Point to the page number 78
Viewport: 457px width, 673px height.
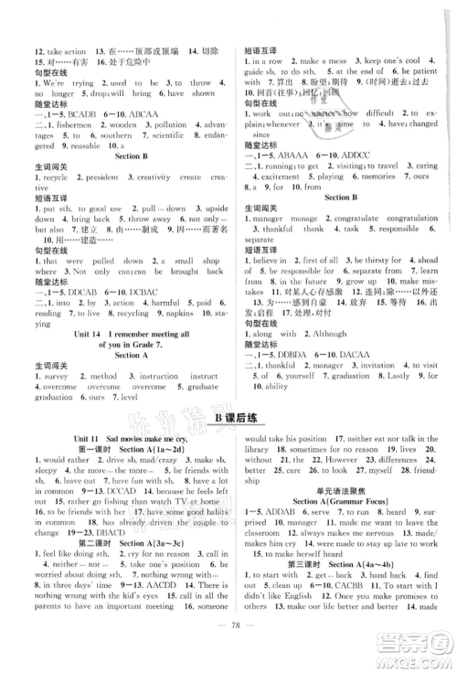pyautogui.click(x=228, y=654)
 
